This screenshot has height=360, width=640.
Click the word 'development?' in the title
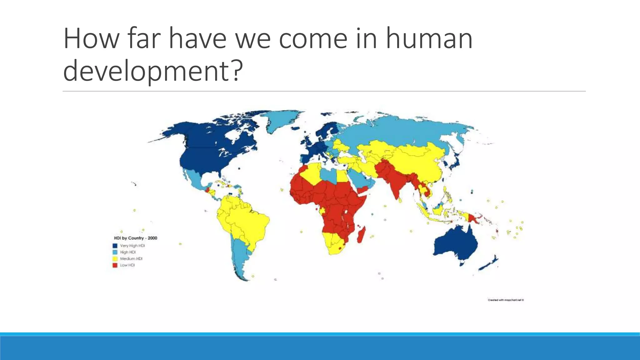pos(153,71)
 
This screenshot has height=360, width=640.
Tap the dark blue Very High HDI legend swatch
pos(115,246)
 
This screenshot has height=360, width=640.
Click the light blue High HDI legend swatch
pos(115,252)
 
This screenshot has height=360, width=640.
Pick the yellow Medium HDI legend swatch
pos(115,259)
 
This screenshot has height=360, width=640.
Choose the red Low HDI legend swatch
pos(115,265)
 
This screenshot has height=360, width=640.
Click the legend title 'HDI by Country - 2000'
pos(135,238)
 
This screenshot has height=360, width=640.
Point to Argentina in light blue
pos(241,256)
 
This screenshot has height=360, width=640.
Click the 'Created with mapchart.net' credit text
pos(505,300)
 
